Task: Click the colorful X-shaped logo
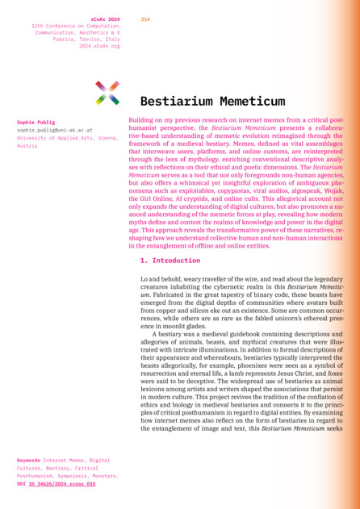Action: point(107,93)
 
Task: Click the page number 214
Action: point(145,19)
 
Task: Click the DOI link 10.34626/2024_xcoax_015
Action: point(62,484)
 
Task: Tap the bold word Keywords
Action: point(28,460)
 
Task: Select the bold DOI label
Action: point(21,484)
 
